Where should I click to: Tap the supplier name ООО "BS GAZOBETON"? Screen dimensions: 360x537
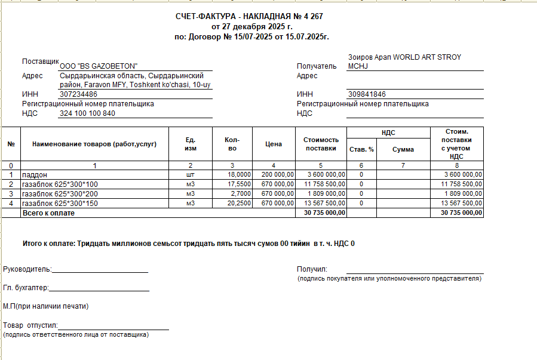(99, 66)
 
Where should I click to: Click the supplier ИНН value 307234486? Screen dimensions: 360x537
(79, 94)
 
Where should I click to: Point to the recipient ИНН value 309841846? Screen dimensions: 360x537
(367, 94)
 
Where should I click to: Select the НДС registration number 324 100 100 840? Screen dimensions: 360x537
(87, 113)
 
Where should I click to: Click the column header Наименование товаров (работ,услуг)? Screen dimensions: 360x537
(94, 144)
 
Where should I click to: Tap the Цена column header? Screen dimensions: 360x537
(274, 144)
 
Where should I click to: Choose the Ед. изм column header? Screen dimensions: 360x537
(191, 144)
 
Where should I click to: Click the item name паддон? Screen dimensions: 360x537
(34, 175)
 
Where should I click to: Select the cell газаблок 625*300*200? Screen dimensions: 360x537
(60, 194)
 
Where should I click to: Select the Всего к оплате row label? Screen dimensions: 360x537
(48, 213)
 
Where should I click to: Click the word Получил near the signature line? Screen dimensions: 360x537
(312, 269)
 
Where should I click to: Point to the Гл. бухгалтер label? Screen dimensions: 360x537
(25, 288)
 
